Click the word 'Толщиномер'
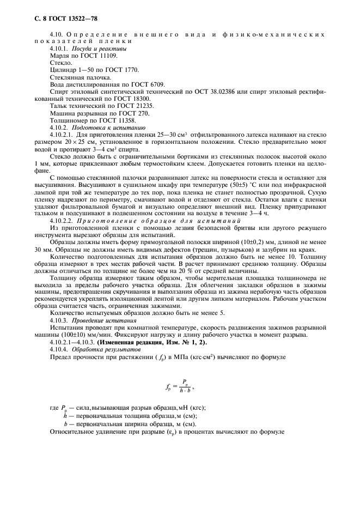66,120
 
